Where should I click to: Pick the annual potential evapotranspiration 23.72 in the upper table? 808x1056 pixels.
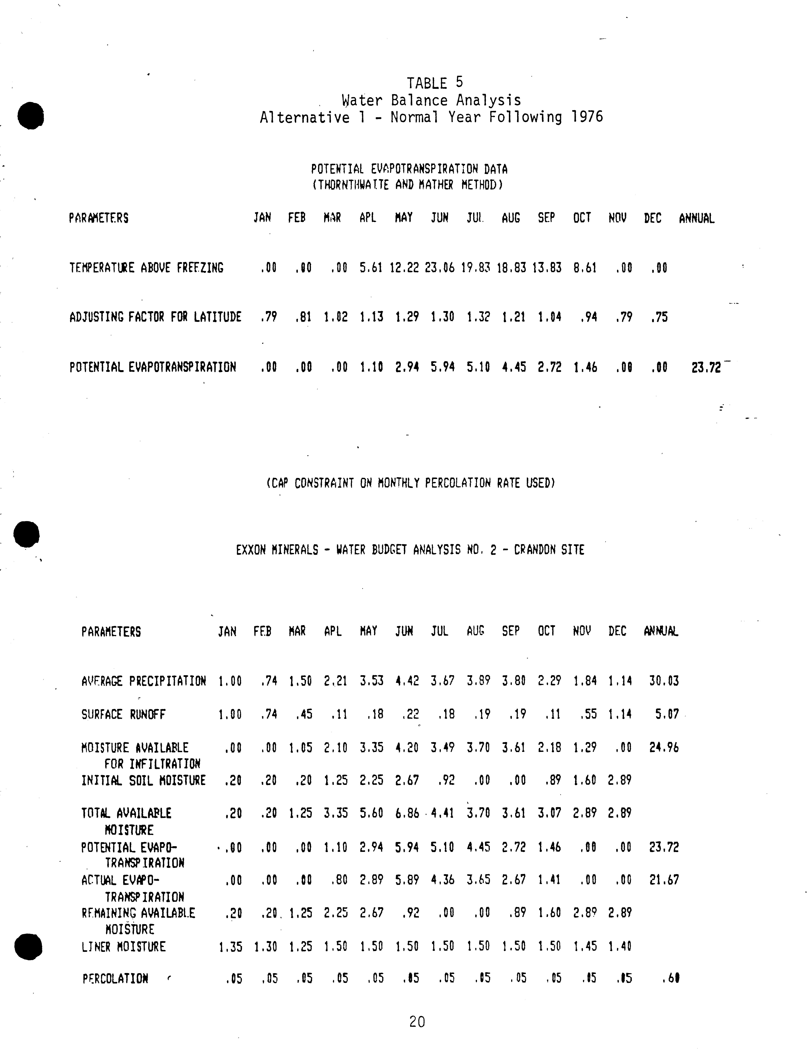click(x=706, y=368)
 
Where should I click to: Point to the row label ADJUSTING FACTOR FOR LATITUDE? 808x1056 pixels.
click(x=155, y=317)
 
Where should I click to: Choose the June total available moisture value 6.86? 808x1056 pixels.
click(x=407, y=813)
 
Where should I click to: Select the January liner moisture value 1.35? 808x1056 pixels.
click(x=230, y=947)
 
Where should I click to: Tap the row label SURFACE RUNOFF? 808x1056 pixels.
click(x=123, y=714)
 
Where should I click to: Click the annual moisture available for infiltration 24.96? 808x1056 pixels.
click(x=664, y=747)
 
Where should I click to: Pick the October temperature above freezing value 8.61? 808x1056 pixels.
click(x=585, y=268)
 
